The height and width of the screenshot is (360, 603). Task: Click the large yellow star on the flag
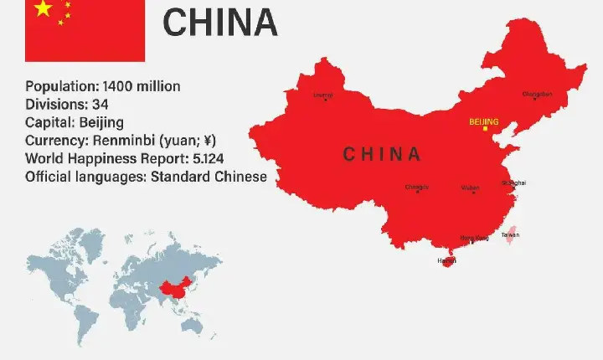[43, 8]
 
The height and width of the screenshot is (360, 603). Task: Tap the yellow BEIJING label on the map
[483, 122]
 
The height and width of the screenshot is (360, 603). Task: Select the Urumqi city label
[322, 95]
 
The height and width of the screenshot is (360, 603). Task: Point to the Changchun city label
[537, 94]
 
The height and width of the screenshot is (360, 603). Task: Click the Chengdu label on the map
[416, 187]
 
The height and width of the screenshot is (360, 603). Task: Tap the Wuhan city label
[470, 188]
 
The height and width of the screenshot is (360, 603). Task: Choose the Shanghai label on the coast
[513, 182]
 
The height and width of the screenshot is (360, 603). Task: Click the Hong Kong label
[476, 238]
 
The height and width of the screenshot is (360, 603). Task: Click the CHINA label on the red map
[382, 154]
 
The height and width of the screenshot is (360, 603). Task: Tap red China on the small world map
[173, 291]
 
